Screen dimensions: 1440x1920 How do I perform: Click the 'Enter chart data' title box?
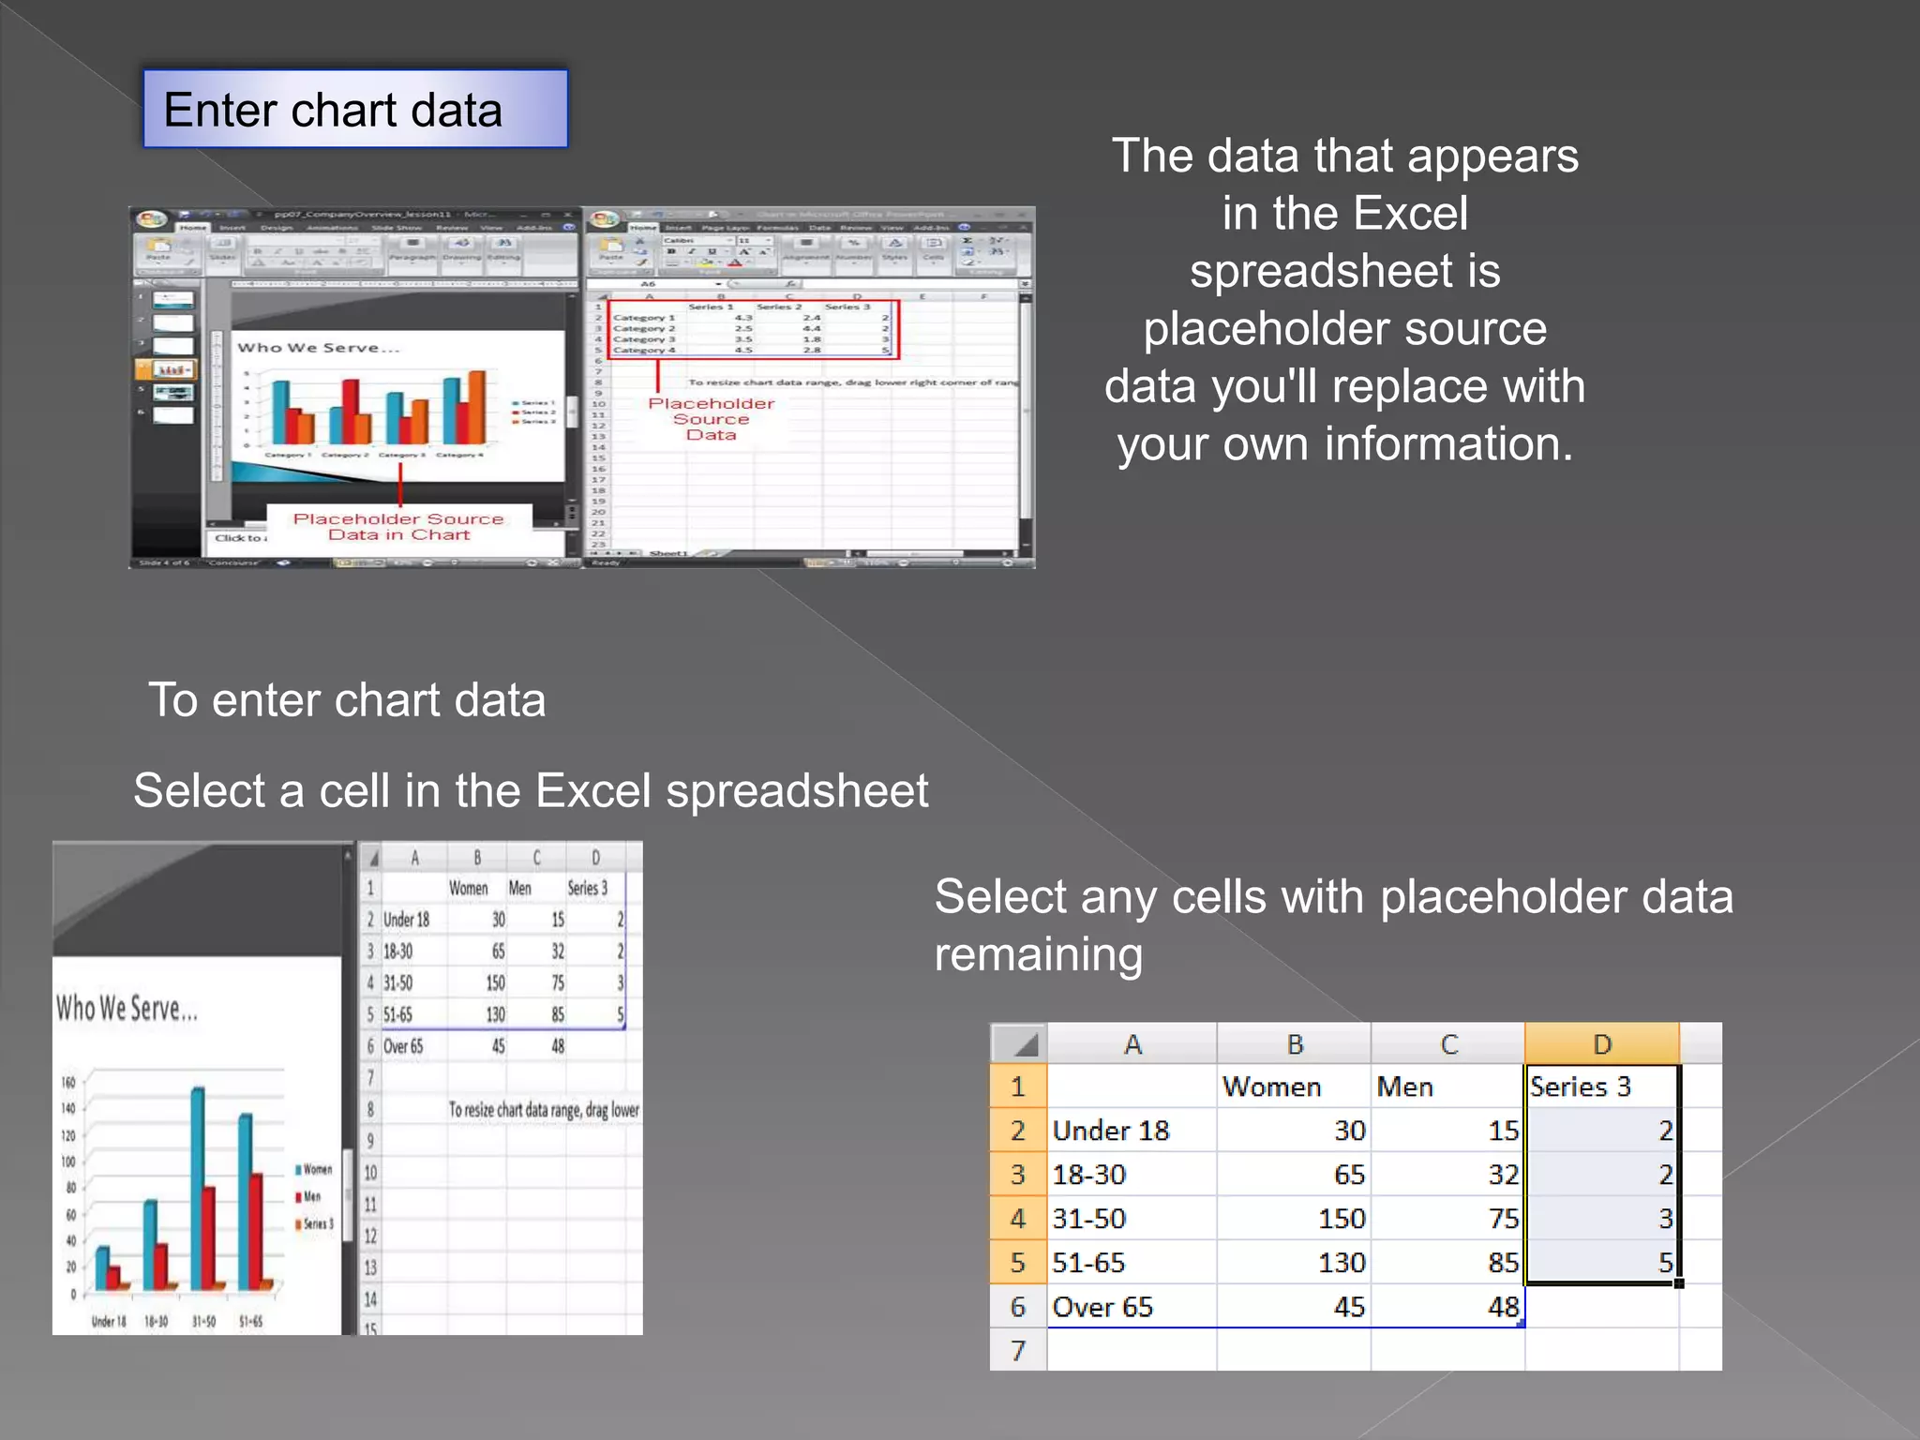(x=354, y=109)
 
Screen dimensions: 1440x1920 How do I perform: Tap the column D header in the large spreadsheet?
(x=1601, y=1043)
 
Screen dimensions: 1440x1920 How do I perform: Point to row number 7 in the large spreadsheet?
(x=1018, y=1350)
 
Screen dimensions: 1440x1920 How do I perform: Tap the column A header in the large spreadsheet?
(x=1132, y=1043)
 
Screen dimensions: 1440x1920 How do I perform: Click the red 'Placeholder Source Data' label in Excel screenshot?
(x=712, y=418)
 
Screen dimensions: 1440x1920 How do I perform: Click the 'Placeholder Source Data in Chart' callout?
(x=398, y=526)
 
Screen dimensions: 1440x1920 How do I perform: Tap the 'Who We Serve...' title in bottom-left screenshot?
(x=127, y=1009)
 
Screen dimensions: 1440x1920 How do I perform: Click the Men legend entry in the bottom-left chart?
(x=309, y=1197)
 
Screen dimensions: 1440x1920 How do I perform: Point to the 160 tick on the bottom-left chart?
(x=68, y=1082)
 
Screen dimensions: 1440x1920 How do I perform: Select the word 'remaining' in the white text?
(x=1039, y=954)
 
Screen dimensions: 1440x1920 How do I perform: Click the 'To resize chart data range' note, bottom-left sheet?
(x=544, y=1110)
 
